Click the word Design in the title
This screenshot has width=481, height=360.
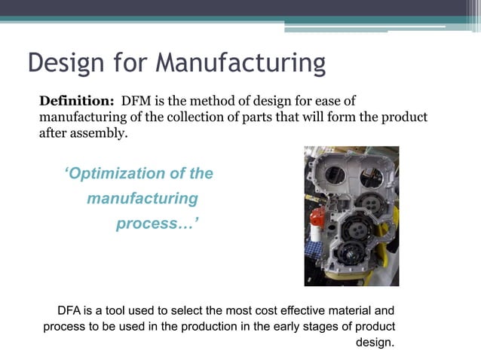pos(63,63)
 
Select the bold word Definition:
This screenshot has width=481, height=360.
pos(75,101)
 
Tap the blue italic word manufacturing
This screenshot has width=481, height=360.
pos(142,199)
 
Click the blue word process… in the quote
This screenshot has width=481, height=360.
pos(156,224)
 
